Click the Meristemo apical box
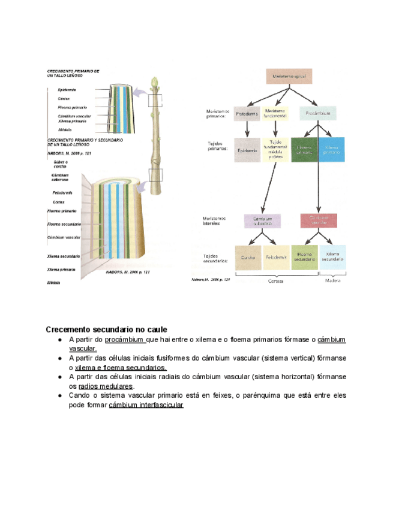(290, 77)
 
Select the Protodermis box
(247, 113)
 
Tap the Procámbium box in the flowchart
(317, 113)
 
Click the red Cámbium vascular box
(318, 220)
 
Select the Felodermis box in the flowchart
(277, 258)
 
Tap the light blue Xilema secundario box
(332, 258)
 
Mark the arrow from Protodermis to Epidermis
(247, 129)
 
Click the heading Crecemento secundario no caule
(107, 329)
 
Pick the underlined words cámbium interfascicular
(146, 406)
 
